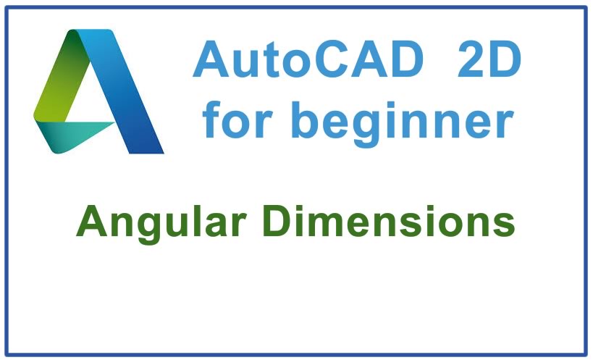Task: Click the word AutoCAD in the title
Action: (308, 59)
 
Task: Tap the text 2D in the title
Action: (489, 59)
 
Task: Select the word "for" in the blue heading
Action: (237, 119)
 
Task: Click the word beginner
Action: (403, 124)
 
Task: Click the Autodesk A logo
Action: (98, 91)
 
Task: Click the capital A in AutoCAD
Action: (211, 59)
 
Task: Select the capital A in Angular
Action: (92, 221)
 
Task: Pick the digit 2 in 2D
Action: (471, 59)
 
